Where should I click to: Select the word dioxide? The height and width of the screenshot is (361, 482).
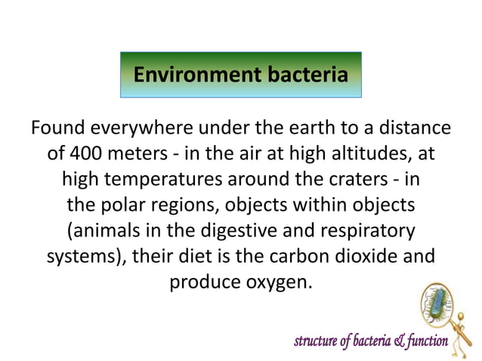pyautogui.click(x=363, y=257)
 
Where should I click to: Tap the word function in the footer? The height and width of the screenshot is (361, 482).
pyautogui.click(x=423, y=342)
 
